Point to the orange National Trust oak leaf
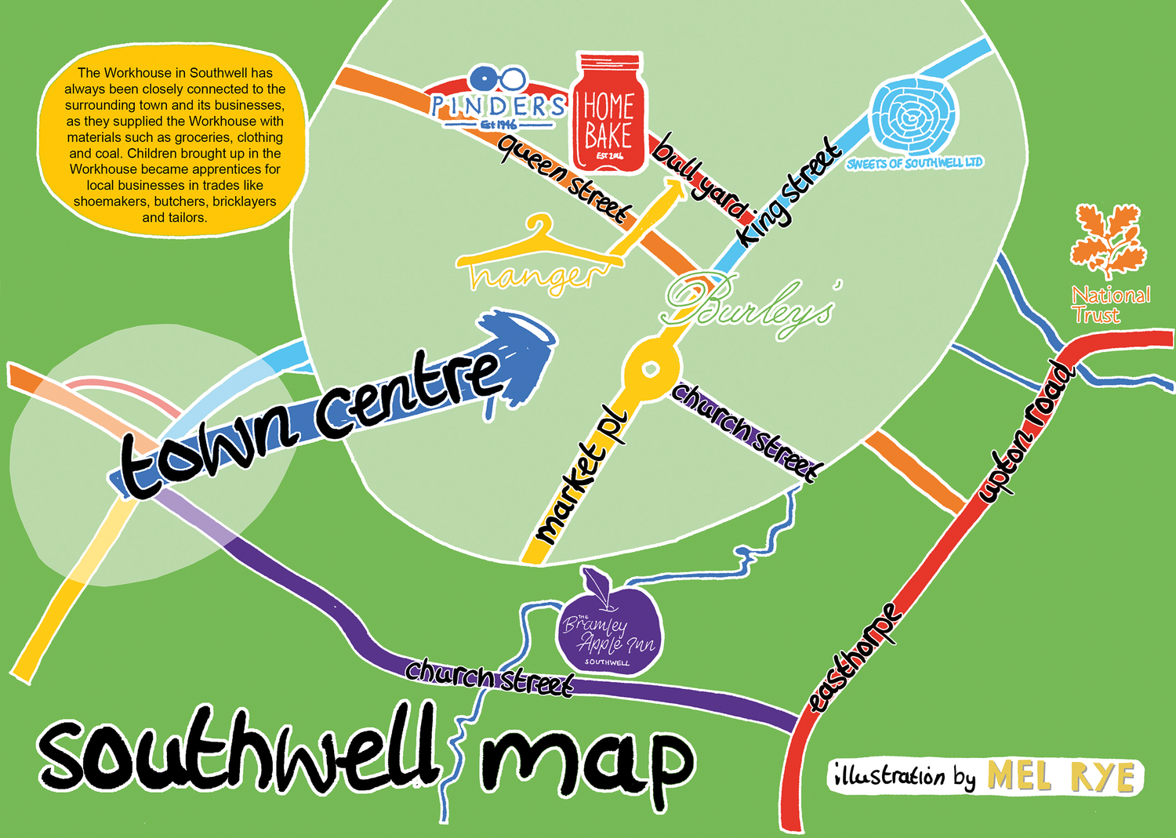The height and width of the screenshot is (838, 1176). click(x=1107, y=239)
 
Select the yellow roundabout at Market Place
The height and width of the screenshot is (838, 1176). click(x=650, y=368)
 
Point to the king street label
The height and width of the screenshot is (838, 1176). click(x=789, y=192)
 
